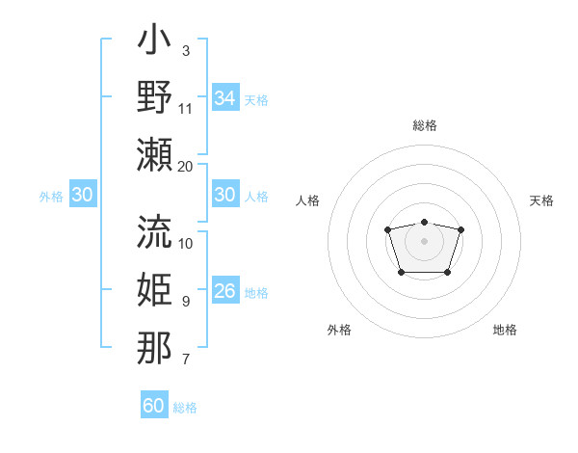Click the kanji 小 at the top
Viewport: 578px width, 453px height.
tap(154, 42)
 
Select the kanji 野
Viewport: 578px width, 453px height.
tap(154, 98)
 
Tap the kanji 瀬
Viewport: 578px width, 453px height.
tap(154, 154)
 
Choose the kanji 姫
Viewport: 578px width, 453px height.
tap(154, 290)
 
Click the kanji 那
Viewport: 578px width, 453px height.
tap(154, 348)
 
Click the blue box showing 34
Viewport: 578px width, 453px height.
tap(224, 98)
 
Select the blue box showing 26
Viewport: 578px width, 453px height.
tap(224, 291)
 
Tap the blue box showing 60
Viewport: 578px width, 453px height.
tap(153, 406)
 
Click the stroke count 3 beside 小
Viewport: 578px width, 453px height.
tap(185, 50)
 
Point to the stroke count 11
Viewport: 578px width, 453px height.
tap(186, 107)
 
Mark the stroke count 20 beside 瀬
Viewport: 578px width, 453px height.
tap(186, 166)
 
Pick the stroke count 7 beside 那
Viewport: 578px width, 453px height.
tap(185, 360)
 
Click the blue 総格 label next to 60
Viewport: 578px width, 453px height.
tap(185, 408)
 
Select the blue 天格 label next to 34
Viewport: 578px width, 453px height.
tap(255, 99)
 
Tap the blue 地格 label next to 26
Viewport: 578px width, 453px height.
tap(255, 293)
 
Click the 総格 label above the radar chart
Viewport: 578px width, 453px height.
tap(424, 126)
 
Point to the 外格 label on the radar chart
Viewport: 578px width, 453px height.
tap(339, 330)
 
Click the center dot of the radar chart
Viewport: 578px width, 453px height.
tap(424, 240)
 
